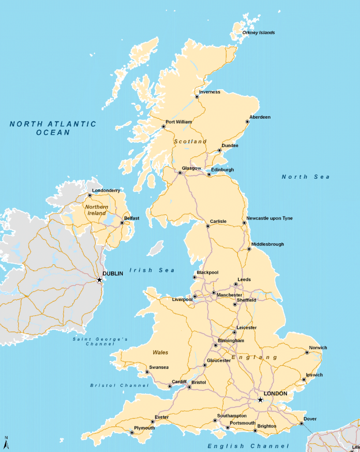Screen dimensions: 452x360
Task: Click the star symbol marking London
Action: tap(260, 399)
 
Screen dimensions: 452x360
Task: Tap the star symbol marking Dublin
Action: tap(100, 280)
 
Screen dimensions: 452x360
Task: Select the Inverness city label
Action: tap(210, 92)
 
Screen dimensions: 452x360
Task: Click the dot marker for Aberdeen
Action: tap(247, 122)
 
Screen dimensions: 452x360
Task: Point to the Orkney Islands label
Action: tap(259, 33)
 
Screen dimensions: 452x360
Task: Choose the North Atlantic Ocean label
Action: tap(53, 128)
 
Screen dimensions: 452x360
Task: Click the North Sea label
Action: tap(306, 177)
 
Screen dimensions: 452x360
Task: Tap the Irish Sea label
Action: tap(152, 270)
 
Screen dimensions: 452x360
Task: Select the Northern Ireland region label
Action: tap(96, 210)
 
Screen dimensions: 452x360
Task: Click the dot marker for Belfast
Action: tap(122, 222)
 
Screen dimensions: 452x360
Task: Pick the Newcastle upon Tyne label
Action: tap(269, 218)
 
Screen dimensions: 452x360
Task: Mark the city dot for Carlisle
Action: tap(208, 226)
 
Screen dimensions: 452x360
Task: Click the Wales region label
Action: tap(160, 352)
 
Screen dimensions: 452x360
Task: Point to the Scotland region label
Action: tap(190, 142)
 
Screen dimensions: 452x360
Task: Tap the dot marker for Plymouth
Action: tap(132, 433)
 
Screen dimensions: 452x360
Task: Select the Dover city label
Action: tap(310, 419)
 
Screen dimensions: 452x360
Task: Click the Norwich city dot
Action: tap(307, 352)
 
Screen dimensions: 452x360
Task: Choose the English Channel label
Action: tap(248, 446)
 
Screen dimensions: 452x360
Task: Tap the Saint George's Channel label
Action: tap(100, 341)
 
